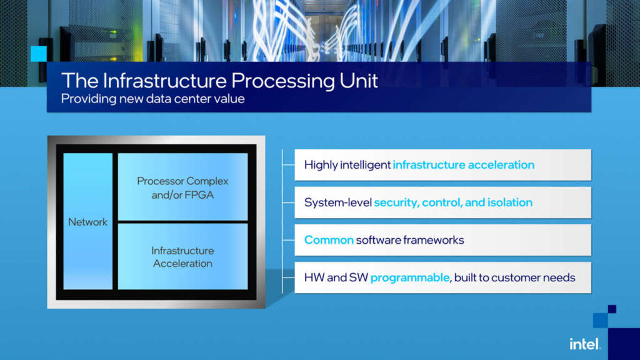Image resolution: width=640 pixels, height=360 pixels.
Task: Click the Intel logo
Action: pyautogui.click(x=584, y=344)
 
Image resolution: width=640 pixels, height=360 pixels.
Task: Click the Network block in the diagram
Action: pyautogui.click(x=88, y=222)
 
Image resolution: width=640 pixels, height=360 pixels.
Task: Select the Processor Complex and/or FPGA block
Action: pyautogui.click(x=182, y=187)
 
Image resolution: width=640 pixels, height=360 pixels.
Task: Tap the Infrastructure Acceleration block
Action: pyautogui.click(x=182, y=257)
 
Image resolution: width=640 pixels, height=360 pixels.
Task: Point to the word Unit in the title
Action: pyautogui.click(x=357, y=81)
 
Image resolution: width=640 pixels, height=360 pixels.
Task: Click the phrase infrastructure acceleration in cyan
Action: pyautogui.click(x=463, y=165)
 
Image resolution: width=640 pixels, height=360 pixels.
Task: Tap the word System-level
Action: pyautogui.click(x=337, y=202)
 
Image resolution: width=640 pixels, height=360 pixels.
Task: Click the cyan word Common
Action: pyautogui.click(x=329, y=240)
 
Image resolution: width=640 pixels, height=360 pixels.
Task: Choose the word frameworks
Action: pyautogui.click(x=432, y=240)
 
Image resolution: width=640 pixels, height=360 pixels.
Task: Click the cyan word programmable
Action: pyautogui.click(x=409, y=277)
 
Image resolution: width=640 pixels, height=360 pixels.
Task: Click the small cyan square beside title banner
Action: pyautogui.click(x=39, y=54)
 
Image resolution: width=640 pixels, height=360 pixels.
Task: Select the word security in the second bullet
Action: pyautogui.click(x=396, y=202)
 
